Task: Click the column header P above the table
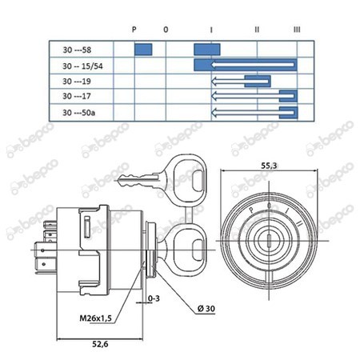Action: coord(134,29)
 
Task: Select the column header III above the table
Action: coord(297,30)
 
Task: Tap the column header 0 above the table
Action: coord(166,30)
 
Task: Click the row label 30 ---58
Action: coord(77,50)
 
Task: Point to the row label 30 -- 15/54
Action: coord(82,66)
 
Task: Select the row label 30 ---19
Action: coord(77,81)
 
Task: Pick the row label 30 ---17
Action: coord(77,96)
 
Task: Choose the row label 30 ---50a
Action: coord(78,113)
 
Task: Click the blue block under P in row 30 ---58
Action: coord(143,50)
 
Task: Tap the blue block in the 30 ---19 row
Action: coord(258,82)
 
